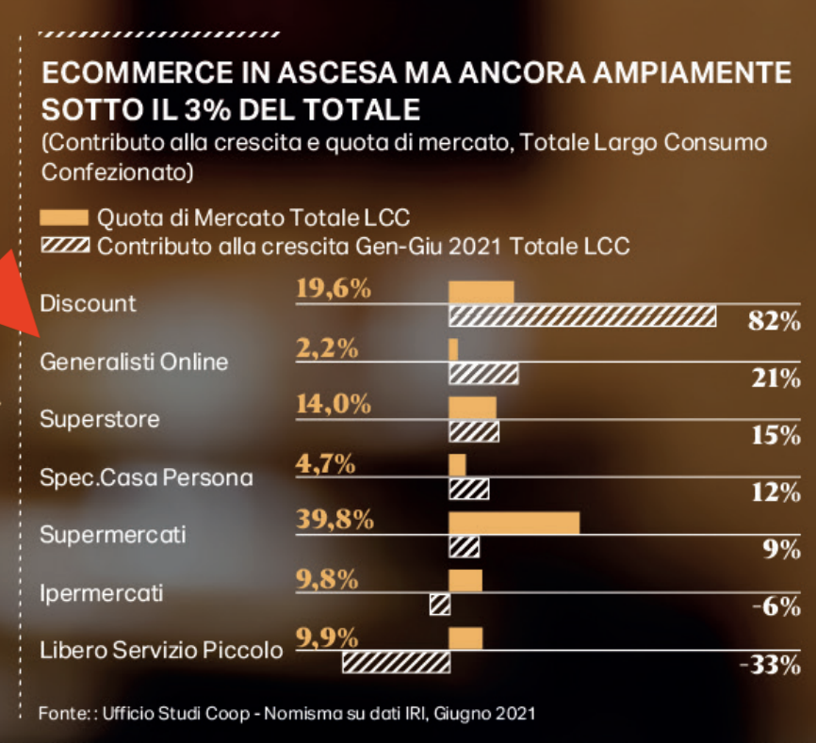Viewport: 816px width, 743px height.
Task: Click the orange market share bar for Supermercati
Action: [514, 523]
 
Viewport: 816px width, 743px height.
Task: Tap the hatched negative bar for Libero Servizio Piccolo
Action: [395, 663]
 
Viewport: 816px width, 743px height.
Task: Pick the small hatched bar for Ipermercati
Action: [439, 605]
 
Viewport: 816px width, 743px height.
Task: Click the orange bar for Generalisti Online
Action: [453, 349]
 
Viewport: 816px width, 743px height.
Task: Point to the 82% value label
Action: [773, 321]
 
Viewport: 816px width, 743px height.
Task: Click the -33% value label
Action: [769, 666]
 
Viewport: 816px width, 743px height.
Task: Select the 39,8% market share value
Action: [335, 520]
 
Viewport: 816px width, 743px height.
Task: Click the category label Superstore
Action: [100, 419]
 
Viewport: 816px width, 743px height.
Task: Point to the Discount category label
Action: [88, 303]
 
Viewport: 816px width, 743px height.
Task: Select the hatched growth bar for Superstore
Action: [473, 432]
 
